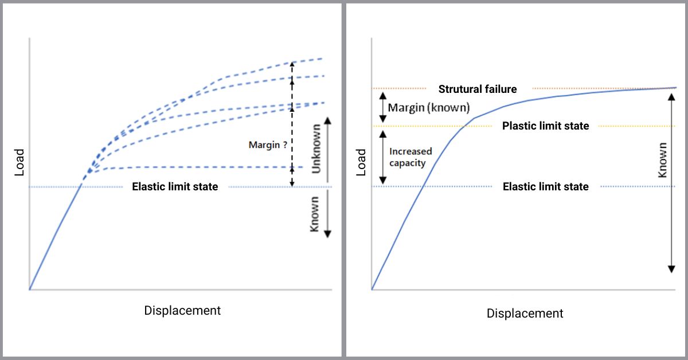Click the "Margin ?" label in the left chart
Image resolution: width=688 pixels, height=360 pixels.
coord(268,145)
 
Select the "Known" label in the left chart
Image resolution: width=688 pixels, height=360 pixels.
coord(315,220)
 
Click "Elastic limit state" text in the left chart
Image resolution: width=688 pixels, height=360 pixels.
coord(175,187)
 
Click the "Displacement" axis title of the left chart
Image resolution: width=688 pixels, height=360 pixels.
coord(182,311)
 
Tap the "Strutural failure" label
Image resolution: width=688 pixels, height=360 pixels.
coord(478,89)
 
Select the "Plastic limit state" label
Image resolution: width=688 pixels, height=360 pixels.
coord(545,126)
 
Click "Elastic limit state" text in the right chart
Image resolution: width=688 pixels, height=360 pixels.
coord(545,187)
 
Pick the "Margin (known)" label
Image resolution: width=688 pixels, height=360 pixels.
coord(429,107)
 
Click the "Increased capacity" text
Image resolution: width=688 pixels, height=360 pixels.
coord(411,157)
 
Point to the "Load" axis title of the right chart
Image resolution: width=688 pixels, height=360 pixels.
coord(362,162)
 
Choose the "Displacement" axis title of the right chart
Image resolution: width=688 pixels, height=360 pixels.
coord(525,314)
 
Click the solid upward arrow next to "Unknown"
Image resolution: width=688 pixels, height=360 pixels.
coord(329,149)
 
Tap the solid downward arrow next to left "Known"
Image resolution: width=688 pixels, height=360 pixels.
coord(329,213)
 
